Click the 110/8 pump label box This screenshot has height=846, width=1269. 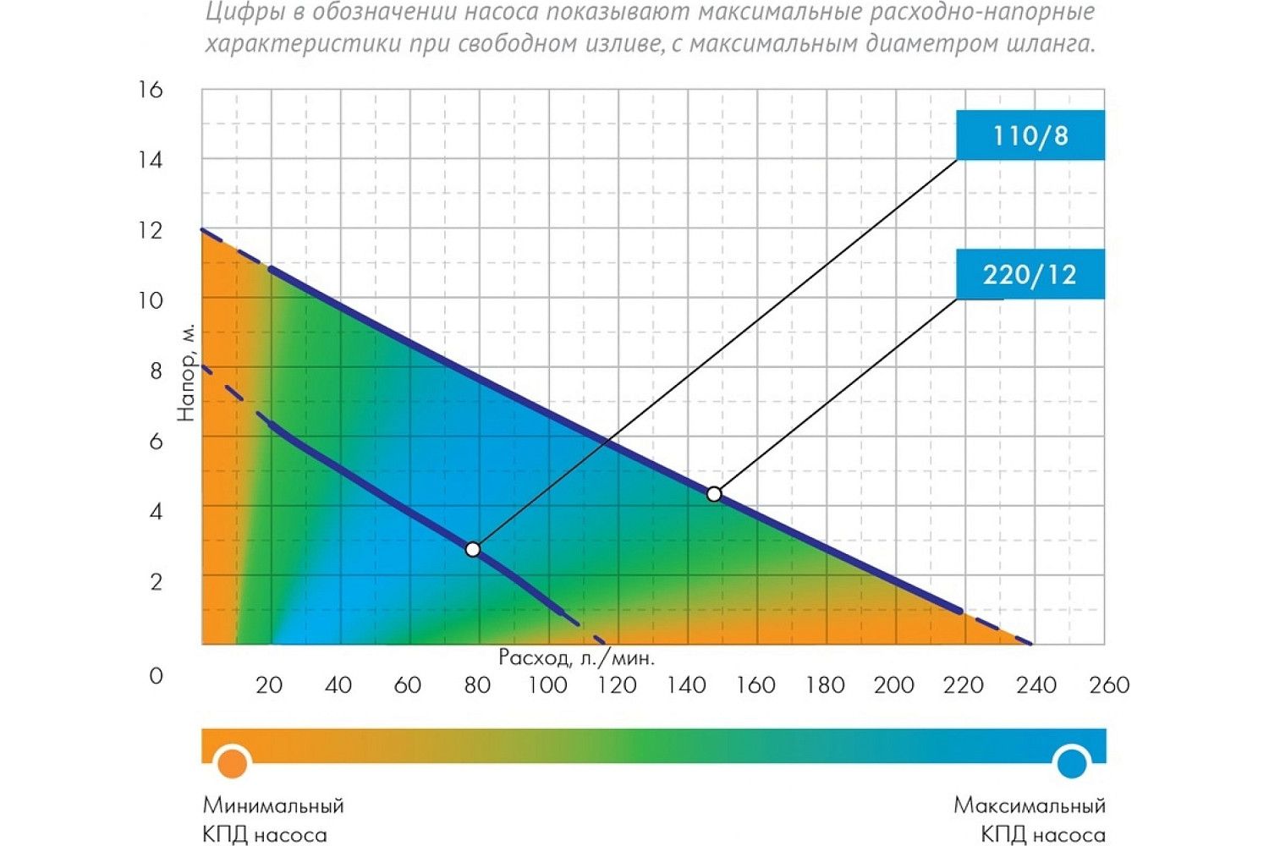point(1030,135)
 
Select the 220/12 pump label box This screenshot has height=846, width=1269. point(1030,274)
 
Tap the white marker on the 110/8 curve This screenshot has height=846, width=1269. point(473,550)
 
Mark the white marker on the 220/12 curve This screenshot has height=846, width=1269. point(714,494)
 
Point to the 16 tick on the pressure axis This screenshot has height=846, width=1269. point(151,90)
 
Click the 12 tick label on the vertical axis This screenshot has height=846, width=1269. point(151,230)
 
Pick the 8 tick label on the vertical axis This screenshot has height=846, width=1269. point(155,371)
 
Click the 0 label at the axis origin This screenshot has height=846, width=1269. point(155,676)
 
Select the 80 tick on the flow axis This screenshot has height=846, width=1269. point(477,684)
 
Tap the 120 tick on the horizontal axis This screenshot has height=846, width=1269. point(617,684)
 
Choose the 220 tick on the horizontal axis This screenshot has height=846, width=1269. point(964,684)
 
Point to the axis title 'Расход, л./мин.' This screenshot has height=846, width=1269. point(576,657)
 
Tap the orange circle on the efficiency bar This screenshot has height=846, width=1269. point(232,763)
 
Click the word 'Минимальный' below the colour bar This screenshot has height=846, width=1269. point(273,805)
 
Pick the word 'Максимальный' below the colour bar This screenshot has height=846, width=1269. point(1029,805)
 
